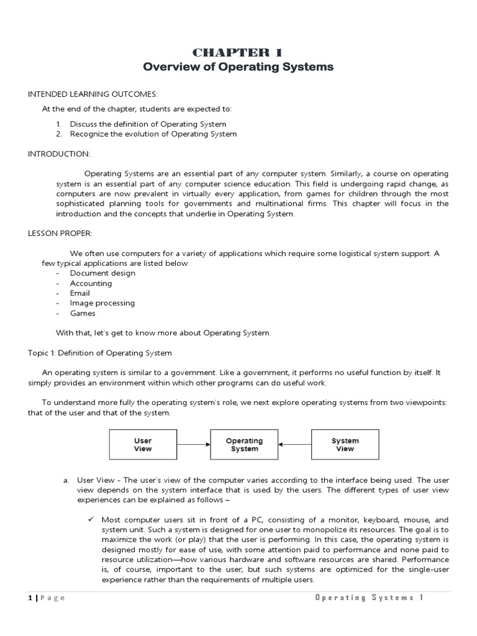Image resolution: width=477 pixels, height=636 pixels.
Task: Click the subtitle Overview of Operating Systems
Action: coord(238,67)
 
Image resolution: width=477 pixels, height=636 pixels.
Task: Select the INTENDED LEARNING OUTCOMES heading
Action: coord(92,94)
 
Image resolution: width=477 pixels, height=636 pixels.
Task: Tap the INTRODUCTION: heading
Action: coord(59,153)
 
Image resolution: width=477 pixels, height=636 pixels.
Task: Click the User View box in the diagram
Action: coord(143,445)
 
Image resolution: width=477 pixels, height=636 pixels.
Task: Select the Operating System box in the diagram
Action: coord(244,445)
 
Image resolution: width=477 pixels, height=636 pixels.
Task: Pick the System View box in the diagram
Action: coord(345,445)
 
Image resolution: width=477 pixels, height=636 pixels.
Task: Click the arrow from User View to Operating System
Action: coord(193,445)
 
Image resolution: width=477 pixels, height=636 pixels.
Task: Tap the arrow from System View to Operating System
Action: coord(294,445)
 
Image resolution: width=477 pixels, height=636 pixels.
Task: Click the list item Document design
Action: coord(102,273)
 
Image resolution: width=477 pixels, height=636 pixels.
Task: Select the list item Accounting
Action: coord(91,283)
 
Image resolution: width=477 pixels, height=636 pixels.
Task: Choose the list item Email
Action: coord(79,293)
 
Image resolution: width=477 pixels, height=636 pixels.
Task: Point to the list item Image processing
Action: coord(102,303)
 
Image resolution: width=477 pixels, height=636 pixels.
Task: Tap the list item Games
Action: coord(83,313)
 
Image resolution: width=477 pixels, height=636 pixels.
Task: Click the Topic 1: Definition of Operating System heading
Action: coord(99,353)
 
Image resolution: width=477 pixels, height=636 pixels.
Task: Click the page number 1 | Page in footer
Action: coord(47,597)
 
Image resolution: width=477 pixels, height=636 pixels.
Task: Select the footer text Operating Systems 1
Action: coord(369,597)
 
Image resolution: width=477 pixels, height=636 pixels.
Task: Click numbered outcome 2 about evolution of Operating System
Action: coord(153,134)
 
